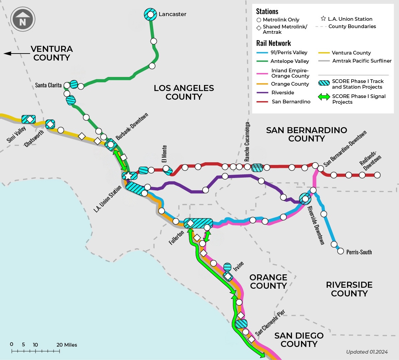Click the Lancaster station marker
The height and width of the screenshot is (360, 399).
point(150,14)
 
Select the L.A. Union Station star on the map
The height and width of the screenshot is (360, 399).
point(128,176)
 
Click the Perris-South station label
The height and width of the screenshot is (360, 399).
point(359,252)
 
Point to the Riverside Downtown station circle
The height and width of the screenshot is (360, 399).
point(305,199)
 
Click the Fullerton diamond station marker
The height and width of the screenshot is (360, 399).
point(190,223)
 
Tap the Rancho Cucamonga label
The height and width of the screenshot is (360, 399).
point(247,142)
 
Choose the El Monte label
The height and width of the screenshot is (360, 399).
point(164,154)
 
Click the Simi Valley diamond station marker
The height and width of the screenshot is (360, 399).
point(30,119)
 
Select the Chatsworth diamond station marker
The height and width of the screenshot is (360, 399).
point(50,124)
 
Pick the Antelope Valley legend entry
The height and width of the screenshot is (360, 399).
point(290,61)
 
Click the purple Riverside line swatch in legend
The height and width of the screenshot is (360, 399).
point(262,93)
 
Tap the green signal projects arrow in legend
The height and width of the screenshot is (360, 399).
point(323,97)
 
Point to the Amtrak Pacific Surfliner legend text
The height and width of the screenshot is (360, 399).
point(362,61)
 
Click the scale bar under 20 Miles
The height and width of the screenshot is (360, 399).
point(36,351)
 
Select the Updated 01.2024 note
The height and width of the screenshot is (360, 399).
point(367,352)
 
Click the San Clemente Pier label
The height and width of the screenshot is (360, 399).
point(270,323)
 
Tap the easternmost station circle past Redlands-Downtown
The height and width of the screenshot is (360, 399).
point(377,175)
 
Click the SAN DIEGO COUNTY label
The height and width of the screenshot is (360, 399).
point(299,340)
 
